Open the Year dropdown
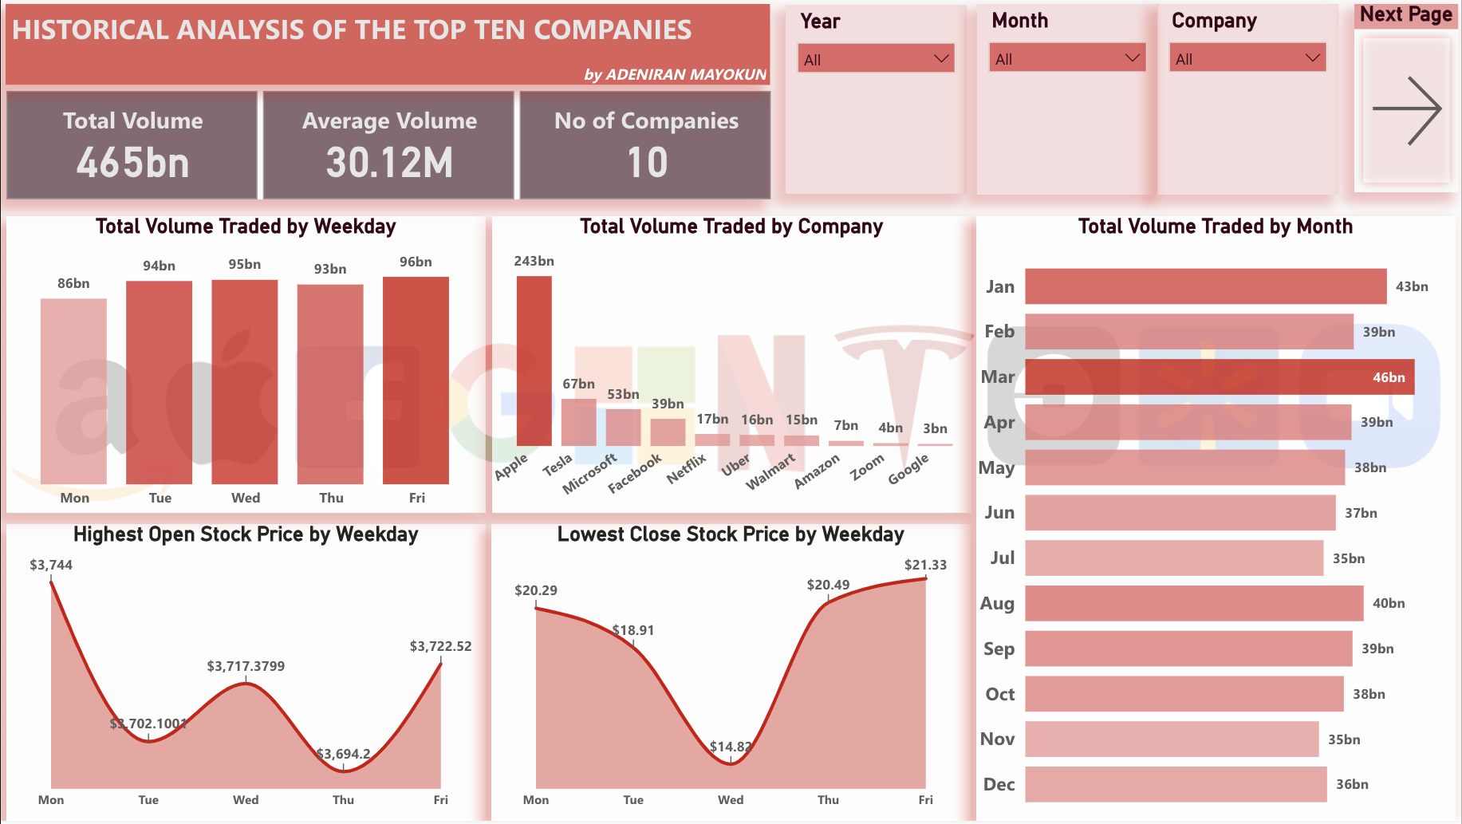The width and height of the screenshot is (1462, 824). click(876, 59)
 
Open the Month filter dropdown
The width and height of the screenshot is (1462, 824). click(1067, 58)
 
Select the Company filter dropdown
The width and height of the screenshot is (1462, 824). click(1247, 58)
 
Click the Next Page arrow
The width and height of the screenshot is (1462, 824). click(1406, 111)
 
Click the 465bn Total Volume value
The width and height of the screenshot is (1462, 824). click(133, 163)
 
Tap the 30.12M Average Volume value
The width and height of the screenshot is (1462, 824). click(389, 163)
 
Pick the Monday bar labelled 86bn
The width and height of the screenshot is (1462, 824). click(73, 391)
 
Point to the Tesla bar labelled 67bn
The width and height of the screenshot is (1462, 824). click(578, 422)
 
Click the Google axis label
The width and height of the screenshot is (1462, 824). click(908, 469)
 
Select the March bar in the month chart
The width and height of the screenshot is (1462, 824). click(1219, 377)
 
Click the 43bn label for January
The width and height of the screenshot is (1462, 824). click(1411, 286)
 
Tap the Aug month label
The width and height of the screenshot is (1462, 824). click(997, 603)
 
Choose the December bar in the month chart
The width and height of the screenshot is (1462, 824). click(1176, 785)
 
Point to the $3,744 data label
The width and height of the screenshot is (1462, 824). click(51, 565)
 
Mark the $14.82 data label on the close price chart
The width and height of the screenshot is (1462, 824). click(731, 747)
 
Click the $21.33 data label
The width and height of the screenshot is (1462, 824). click(925, 565)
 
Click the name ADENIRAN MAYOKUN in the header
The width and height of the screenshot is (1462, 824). click(685, 74)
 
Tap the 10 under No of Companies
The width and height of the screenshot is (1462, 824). click(647, 163)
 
